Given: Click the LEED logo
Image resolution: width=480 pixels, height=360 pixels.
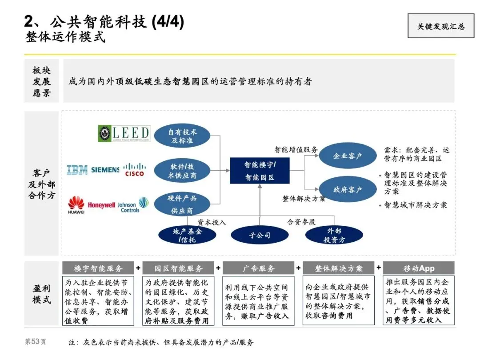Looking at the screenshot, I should (124, 133).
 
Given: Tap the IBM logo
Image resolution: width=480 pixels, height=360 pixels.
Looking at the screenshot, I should (77, 169).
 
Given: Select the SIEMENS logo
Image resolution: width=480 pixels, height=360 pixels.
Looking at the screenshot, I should (105, 170).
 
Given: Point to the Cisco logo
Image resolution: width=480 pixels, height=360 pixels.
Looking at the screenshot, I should (134, 169).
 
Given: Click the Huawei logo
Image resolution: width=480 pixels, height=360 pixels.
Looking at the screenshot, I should (76, 205).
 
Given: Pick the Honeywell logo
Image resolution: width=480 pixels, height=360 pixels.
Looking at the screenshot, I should (101, 205).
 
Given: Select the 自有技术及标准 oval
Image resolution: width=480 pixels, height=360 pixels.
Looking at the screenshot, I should (182, 136).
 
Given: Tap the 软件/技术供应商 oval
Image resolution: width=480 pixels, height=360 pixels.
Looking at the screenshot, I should (182, 171).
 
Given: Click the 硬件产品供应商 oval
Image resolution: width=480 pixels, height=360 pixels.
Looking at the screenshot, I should (182, 204).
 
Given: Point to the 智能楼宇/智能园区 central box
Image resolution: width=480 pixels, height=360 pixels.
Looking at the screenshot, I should (260, 171).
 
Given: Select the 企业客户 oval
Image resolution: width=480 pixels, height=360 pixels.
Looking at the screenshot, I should (348, 156).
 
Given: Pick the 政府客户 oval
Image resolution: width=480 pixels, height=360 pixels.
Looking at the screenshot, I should (348, 190).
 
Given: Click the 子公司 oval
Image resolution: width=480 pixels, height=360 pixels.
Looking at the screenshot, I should (260, 235).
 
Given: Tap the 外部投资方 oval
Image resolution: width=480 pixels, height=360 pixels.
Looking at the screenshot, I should (334, 235).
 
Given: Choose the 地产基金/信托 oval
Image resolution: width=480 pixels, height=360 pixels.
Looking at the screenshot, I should (187, 235).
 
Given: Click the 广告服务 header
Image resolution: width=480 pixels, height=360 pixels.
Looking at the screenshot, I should (258, 268).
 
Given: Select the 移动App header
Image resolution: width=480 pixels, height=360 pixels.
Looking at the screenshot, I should (419, 268).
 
